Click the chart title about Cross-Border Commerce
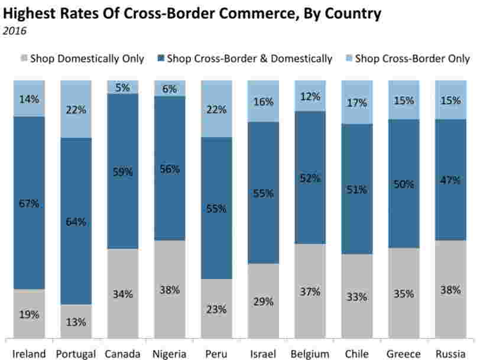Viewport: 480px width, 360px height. pyautogui.click(x=192, y=13)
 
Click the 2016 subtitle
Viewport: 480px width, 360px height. pyautogui.click(x=15, y=31)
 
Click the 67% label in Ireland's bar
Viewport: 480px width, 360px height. pyautogui.click(x=29, y=203)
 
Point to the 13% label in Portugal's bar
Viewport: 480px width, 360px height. pyautogui.click(x=76, y=322)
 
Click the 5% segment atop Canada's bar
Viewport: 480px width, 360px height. pyautogui.click(x=123, y=87)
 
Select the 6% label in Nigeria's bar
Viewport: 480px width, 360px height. pyautogui.click(x=170, y=89)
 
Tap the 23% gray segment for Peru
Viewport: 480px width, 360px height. pyautogui.click(x=217, y=309)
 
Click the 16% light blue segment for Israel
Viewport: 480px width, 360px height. pyautogui.click(x=264, y=102)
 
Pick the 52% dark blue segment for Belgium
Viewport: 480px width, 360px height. pyautogui.click(x=310, y=177)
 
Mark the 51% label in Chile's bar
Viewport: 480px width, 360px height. pyautogui.click(x=358, y=190)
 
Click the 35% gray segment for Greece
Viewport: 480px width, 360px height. pyautogui.click(x=404, y=293)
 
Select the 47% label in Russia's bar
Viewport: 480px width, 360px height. pyautogui.click(x=451, y=180)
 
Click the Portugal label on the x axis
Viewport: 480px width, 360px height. pyautogui.click(x=76, y=353)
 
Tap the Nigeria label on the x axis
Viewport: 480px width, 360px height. pyautogui.click(x=170, y=353)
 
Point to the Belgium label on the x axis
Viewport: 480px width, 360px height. pyautogui.click(x=310, y=353)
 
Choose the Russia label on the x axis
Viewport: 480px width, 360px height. pyautogui.click(x=451, y=353)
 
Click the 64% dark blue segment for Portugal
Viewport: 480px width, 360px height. pyautogui.click(x=76, y=222)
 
